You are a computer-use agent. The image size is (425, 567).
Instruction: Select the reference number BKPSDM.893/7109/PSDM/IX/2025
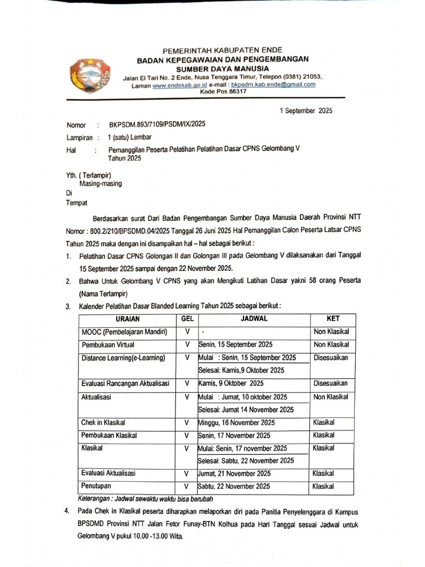click(157, 125)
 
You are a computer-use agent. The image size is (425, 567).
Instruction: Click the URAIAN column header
click(128, 319)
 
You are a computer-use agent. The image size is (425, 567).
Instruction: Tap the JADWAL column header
click(254, 319)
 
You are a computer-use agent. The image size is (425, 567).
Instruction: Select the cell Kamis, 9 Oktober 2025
click(231, 383)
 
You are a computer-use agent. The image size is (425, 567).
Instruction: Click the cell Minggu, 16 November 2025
click(235, 422)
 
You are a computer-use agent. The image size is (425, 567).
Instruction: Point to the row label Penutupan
click(97, 486)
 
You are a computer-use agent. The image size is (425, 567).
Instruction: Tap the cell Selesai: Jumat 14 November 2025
click(246, 410)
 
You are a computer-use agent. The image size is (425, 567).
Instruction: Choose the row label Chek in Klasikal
click(106, 422)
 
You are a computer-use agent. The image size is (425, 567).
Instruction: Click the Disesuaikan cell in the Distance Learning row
click(331, 358)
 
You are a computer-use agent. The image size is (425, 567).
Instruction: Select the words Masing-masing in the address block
click(101, 183)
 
